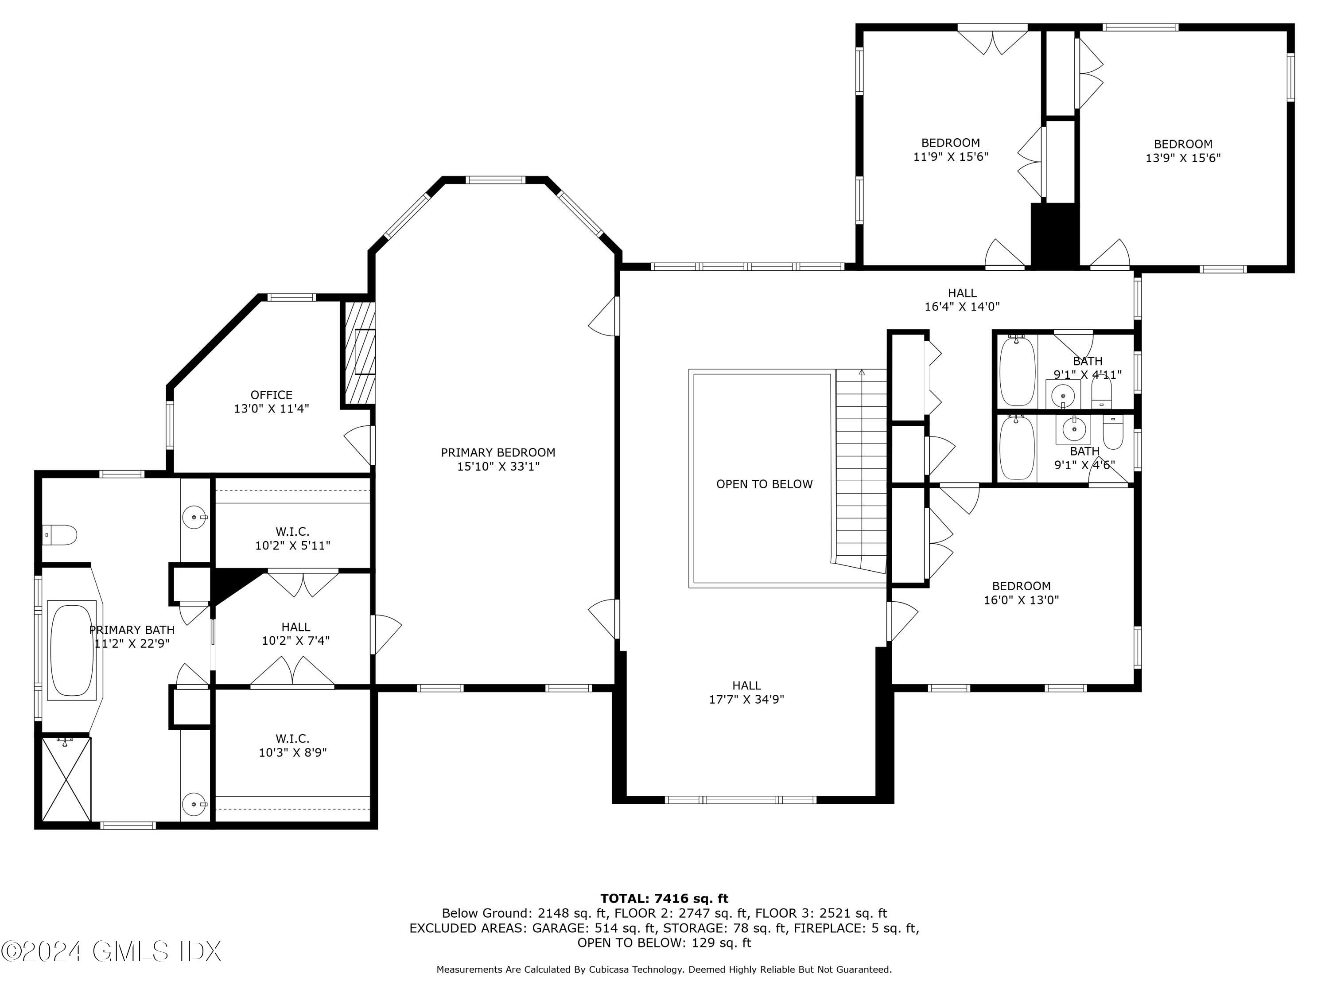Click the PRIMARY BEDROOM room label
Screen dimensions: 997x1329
click(x=498, y=452)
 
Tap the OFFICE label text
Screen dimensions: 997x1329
click(x=272, y=395)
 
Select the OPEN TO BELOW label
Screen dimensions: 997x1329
click(x=764, y=484)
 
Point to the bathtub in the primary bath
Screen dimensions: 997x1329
click(x=71, y=650)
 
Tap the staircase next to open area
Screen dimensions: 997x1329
click(x=861, y=469)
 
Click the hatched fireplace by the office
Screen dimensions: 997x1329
click(x=359, y=353)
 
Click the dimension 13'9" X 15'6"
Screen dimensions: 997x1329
click(x=1183, y=158)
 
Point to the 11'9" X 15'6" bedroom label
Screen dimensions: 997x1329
click(x=951, y=150)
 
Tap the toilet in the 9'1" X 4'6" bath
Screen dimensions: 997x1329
click(x=1113, y=434)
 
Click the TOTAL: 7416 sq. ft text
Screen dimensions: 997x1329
click(x=664, y=899)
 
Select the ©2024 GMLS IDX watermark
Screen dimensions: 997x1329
click(x=112, y=951)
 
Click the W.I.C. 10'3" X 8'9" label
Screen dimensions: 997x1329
click(x=292, y=745)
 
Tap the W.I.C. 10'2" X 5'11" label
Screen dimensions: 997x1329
click(x=292, y=538)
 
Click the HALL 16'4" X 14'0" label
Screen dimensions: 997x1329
click(x=962, y=299)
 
